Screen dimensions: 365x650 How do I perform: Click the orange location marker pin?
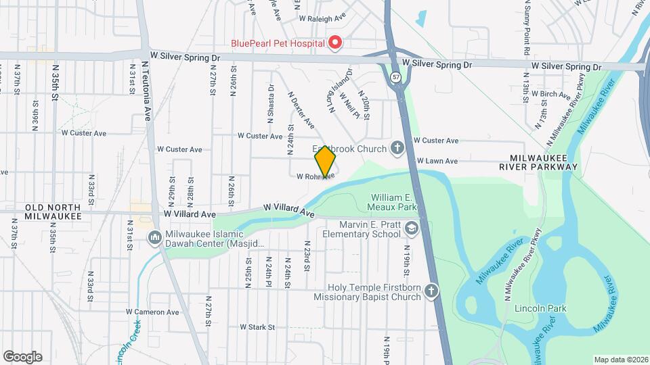(x=325, y=162)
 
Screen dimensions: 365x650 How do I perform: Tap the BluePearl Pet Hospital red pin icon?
(x=334, y=43)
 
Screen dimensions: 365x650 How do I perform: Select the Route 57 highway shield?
(x=395, y=78)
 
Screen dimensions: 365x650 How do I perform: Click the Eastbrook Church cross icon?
(x=398, y=148)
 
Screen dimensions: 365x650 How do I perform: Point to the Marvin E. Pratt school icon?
(x=411, y=229)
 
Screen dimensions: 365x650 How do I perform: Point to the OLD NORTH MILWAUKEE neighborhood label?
(x=53, y=212)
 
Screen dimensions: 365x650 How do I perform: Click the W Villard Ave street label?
(x=289, y=210)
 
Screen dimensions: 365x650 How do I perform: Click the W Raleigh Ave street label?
(x=323, y=16)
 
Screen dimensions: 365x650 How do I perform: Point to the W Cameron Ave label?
(x=152, y=312)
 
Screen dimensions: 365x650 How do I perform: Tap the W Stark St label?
(x=257, y=327)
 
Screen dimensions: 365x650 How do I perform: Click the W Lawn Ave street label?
(x=437, y=161)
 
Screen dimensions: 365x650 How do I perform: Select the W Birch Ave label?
(x=550, y=94)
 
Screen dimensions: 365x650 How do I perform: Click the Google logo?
(x=22, y=356)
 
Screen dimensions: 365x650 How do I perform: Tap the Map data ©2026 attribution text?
(x=620, y=360)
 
